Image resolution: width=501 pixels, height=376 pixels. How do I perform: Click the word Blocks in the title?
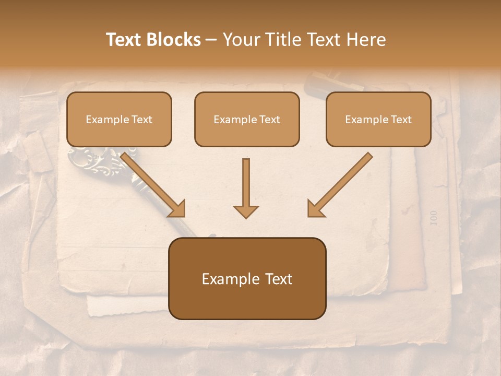tap(173, 40)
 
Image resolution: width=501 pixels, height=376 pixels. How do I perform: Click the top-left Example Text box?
tap(119, 119)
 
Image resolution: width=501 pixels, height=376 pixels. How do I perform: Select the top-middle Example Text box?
tap(247, 119)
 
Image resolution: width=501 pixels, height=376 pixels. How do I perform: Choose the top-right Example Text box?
tap(378, 119)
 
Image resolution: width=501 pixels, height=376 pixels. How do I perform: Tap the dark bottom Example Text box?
tap(247, 279)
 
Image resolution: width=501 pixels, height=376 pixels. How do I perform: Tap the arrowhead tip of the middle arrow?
tap(246, 216)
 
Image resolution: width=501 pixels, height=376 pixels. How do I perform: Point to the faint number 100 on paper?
tap(434, 218)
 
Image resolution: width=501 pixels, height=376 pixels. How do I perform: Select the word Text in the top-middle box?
tap(269, 119)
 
